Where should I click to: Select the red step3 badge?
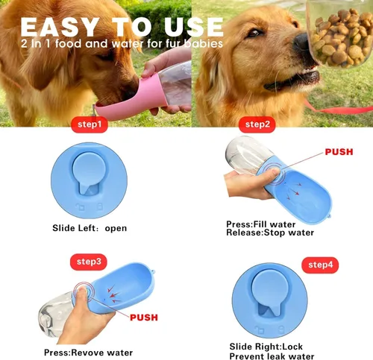(x=89, y=262)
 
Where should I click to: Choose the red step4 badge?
(x=320, y=264)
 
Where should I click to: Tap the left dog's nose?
(x=133, y=77)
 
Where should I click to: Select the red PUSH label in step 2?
(x=344, y=152)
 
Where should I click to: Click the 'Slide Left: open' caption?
(x=90, y=228)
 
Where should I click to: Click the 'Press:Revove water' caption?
(x=88, y=352)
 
